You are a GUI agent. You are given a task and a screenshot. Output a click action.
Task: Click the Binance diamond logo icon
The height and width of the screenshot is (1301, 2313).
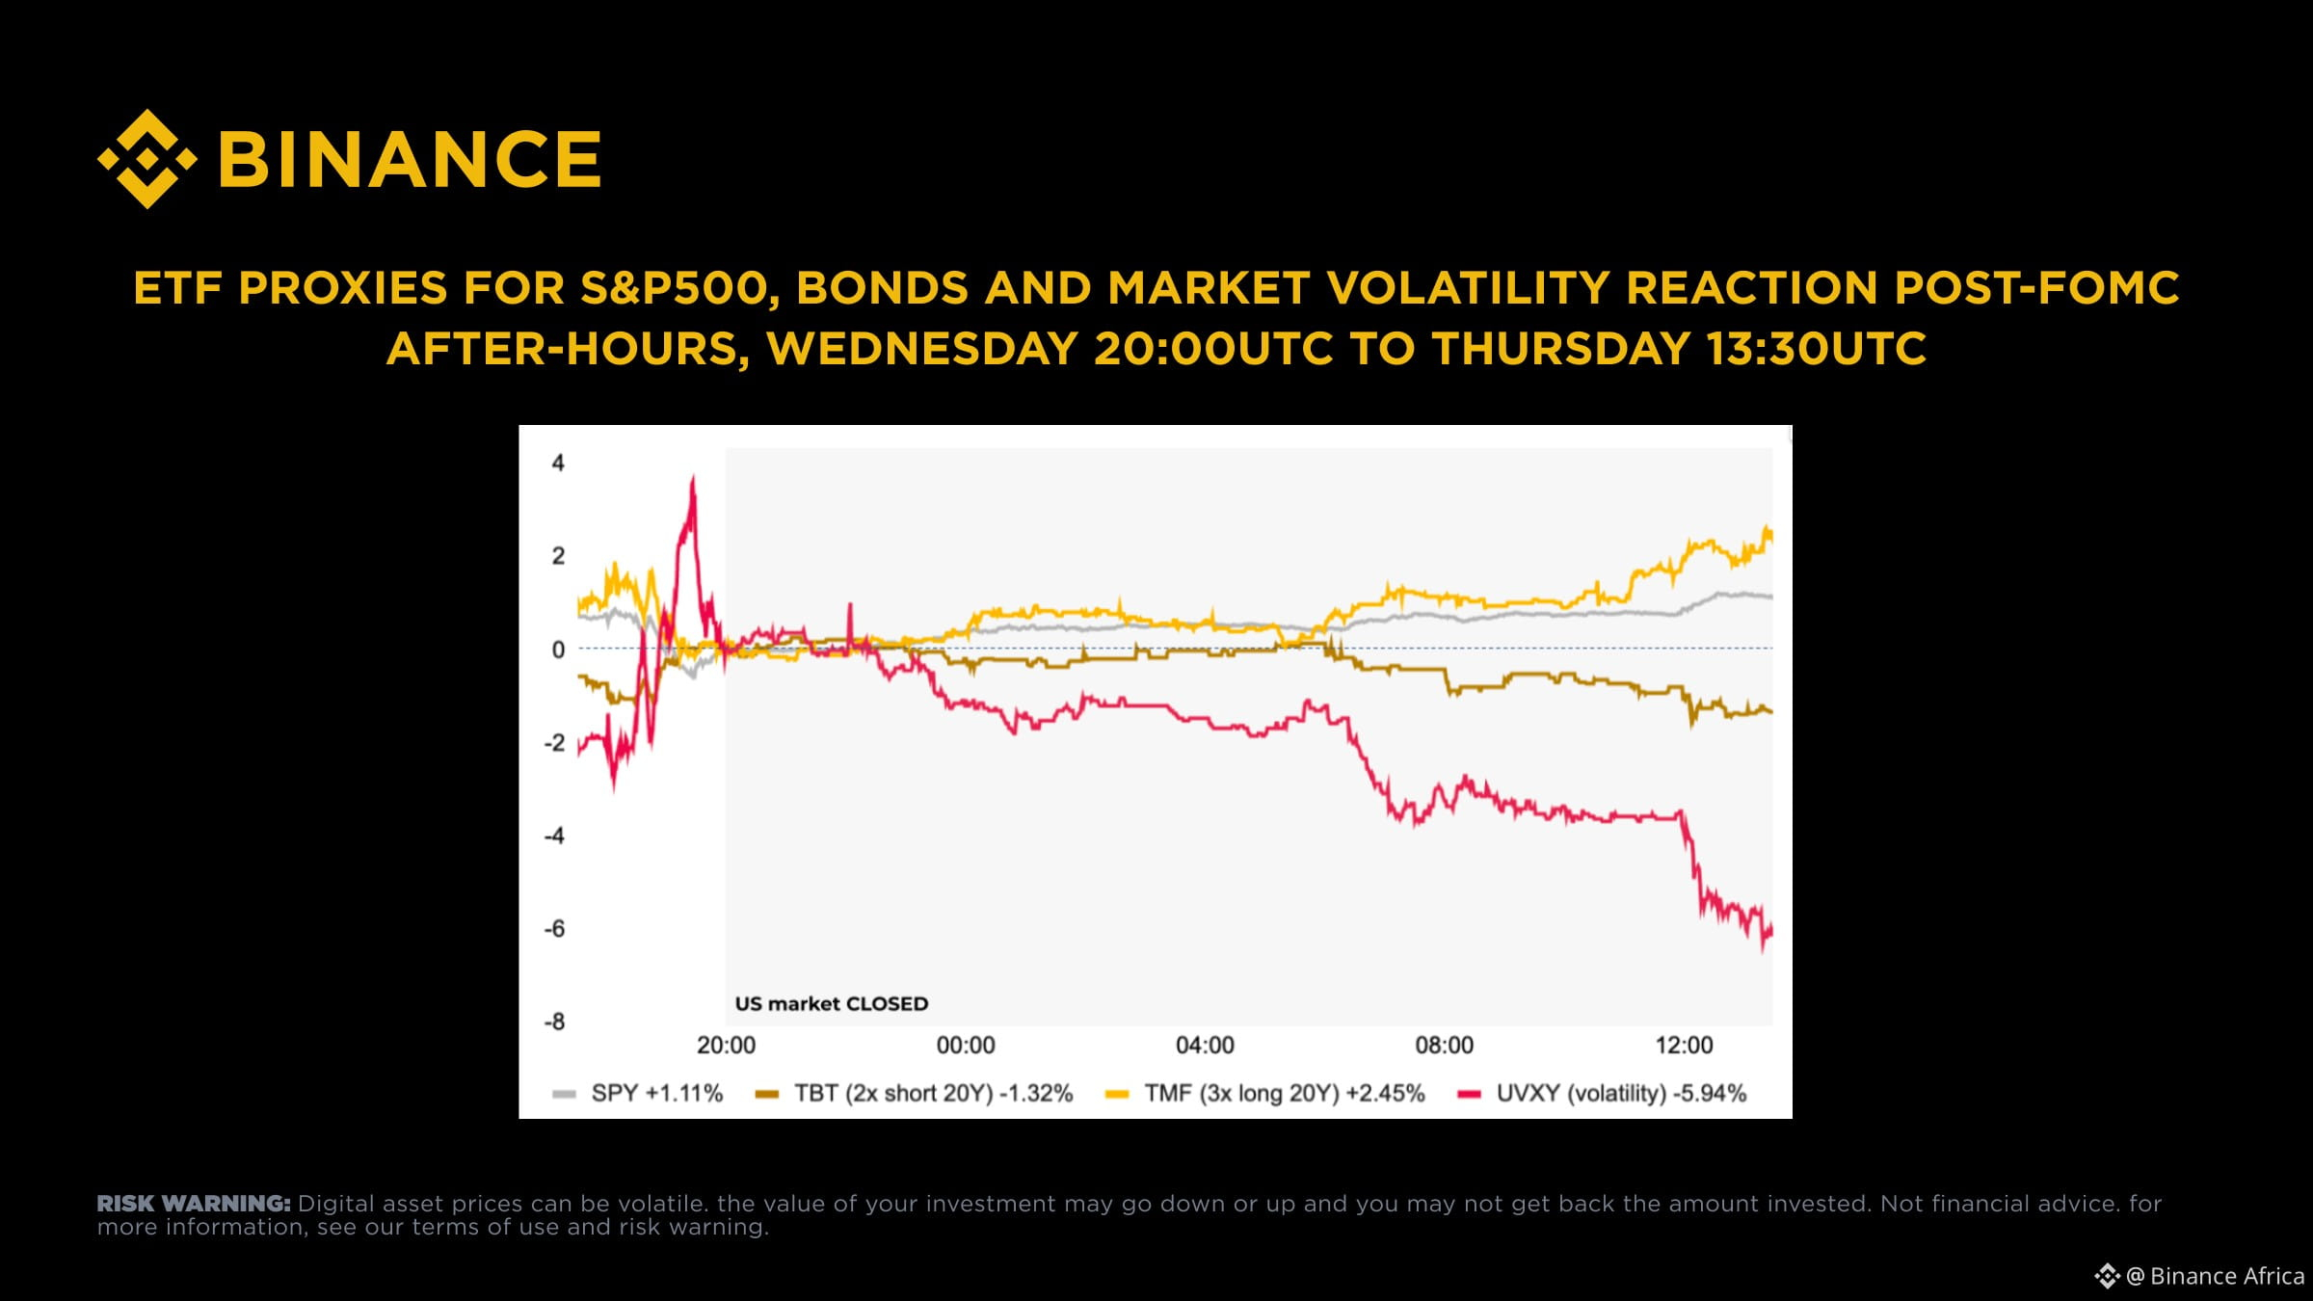click(x=147, y=159)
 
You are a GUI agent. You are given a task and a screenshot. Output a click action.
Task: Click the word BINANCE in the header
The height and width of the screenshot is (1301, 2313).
click(x=411, y=159)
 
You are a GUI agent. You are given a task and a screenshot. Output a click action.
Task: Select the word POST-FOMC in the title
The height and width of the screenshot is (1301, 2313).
click(x=2036, y=287)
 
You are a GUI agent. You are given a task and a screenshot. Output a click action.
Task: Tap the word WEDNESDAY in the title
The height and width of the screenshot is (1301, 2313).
click(x=922, y=348)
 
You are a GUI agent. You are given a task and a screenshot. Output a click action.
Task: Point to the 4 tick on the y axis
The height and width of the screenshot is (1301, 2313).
click(x=558, y=463)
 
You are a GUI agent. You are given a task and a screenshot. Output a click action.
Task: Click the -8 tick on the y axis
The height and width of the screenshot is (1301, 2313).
click(x=554, y=1022)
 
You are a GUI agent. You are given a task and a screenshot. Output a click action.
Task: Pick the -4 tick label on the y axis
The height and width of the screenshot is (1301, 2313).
click(x=554, y=836)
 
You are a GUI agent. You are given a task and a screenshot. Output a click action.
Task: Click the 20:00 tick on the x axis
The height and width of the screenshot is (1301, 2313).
click(x=726, y=1045)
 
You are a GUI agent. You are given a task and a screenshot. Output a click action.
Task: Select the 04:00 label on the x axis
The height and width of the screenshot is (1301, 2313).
click(x=1205, y=1045)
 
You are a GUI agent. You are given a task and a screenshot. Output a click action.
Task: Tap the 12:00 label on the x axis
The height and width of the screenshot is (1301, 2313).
click(x=1684, y=1045)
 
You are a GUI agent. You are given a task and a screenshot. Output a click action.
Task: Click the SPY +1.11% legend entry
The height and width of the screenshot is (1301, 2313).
click(x=637, y=1093)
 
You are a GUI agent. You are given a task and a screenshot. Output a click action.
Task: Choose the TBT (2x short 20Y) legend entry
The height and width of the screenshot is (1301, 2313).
click(x=914, y=1093)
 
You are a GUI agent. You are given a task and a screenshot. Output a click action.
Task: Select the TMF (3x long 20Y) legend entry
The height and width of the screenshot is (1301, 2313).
click(x=1264, y=1093)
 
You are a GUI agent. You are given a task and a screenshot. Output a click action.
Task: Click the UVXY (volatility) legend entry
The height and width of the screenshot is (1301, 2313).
click(x=1602, y=1093)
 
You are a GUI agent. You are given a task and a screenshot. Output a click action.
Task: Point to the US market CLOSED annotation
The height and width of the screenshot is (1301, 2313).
click(x=832, y=1003)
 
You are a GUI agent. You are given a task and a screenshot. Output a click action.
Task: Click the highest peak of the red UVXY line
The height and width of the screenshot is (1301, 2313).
click(x=693, y=477)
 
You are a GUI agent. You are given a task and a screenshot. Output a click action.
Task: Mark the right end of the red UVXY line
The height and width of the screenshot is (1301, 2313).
click(x=1771, y=931)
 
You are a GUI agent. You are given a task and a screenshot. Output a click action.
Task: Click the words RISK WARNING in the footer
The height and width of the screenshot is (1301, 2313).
click(x=194, y=1204)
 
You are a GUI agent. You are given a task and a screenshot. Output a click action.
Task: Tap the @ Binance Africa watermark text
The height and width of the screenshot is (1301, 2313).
click(x=2215, y=1276)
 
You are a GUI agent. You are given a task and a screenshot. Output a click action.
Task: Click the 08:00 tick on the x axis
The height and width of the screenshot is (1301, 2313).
click(x=1444, y=1045)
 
